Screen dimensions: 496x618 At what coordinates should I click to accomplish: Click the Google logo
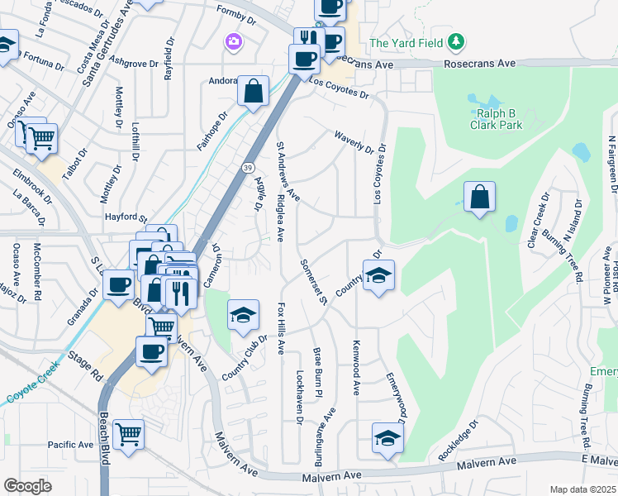tap(27, 486)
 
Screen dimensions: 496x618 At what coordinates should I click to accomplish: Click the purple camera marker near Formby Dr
tap(233, 41)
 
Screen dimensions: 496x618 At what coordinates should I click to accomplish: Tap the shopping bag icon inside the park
tap(479, 198)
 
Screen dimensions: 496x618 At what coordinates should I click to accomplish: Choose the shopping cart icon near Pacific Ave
tap(128, 433)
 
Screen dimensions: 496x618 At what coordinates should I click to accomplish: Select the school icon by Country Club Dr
tap(244, 315)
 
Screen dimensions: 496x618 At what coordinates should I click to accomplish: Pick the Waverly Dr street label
tap(355, 141)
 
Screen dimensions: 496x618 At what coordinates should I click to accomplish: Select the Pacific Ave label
tap(70, 445)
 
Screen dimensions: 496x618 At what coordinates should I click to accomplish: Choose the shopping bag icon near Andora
tap(253, 91)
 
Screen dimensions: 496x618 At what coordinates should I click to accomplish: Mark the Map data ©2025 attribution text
tap(582, 489)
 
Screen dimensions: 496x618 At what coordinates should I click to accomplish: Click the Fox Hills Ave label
tap(281, 327)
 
